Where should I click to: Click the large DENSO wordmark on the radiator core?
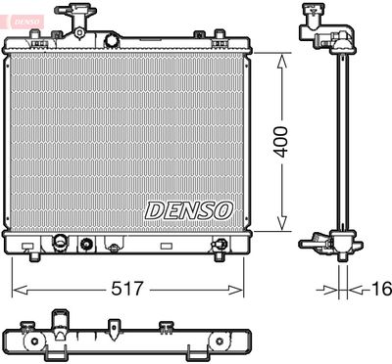click(x=187, y=209)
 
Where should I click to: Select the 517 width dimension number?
click(x=127, y=290)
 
